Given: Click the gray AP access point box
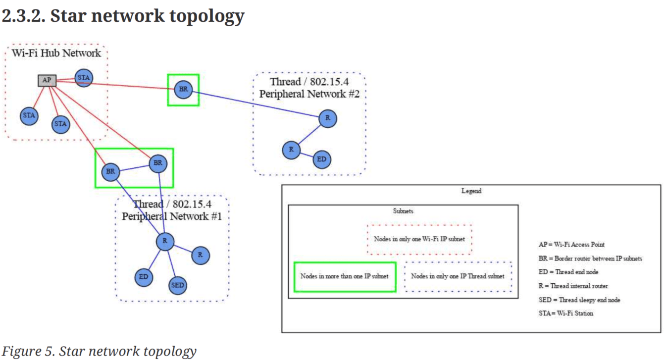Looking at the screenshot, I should coord(47,80).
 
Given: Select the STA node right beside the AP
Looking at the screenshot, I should coord(84,77).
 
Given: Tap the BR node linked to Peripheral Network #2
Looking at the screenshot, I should coord(183,90).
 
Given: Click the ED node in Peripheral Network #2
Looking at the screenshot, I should coord(322,159).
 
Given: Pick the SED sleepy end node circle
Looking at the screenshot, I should coord(177,285).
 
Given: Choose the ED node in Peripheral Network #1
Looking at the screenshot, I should coord(144,277).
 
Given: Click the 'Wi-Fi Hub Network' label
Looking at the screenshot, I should coord(56,53).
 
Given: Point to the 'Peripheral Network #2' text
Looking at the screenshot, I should coord(309,94).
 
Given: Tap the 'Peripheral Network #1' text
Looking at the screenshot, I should coord(172,216).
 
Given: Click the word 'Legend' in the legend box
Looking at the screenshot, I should coord(471,191).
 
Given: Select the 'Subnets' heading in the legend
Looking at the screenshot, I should coord(403,211).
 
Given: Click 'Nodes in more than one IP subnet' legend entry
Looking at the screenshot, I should coord(344,276).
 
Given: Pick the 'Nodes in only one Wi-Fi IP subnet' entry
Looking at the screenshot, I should coord(419,239).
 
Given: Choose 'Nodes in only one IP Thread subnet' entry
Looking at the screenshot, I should coord(458,276).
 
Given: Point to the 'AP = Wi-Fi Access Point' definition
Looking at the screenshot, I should coord(571,245).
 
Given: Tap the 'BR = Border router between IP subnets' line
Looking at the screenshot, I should coord(590,258).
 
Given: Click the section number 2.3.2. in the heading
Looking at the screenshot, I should coord(23,16).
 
